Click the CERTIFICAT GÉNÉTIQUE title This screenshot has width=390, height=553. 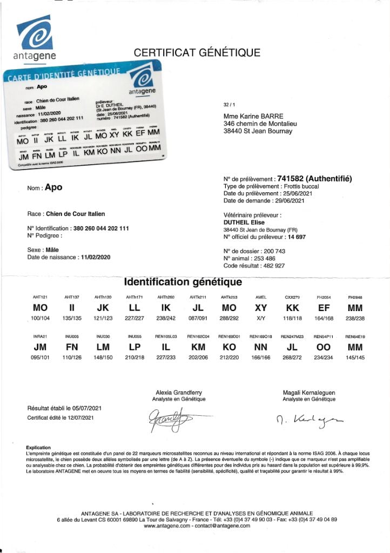[x=197, y=53]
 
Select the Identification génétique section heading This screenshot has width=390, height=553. [x=183, y=282]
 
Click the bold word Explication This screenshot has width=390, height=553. [x=38, y=448]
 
